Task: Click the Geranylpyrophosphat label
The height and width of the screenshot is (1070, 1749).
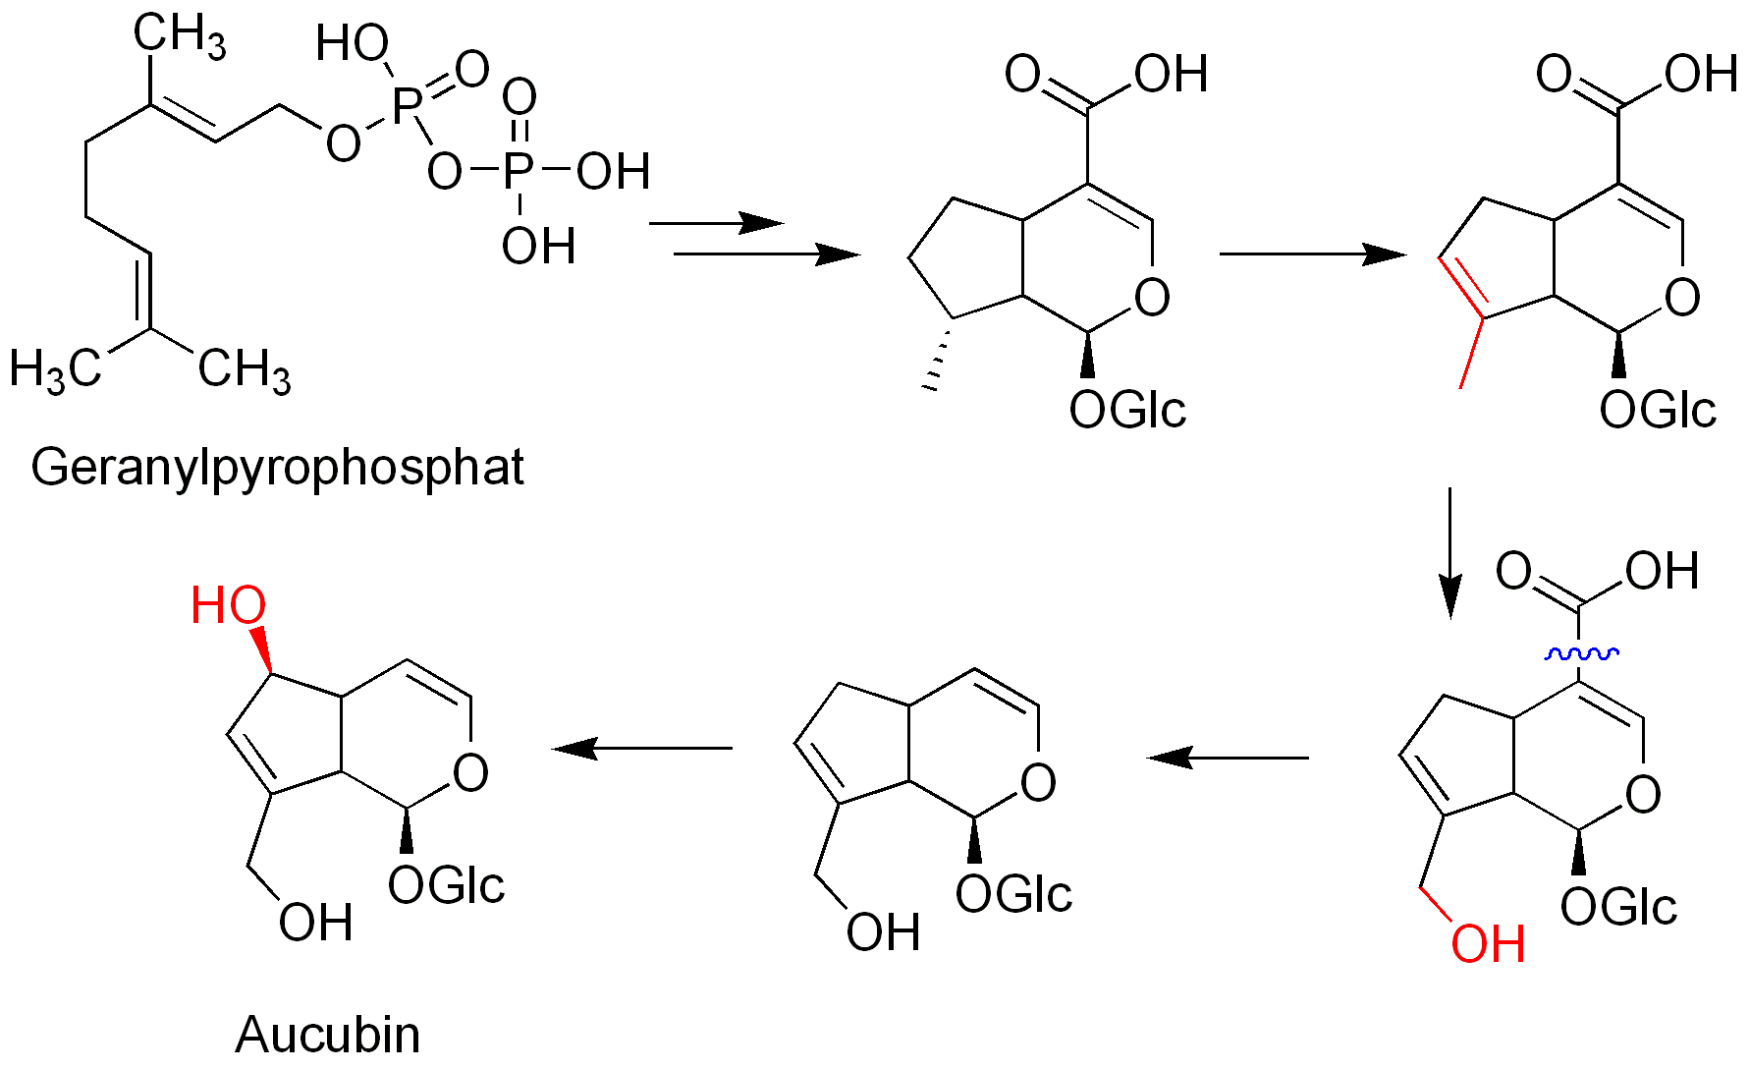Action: pyautogui.click(x=278, y=467)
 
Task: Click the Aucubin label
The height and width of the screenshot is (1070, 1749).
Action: pyautogui.click(x=328, y=1035)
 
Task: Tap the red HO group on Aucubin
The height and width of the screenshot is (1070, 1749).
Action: pyautogui.click(x=228, y=605)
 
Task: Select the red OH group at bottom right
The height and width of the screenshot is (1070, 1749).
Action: pyautogui.click(x=1488, y=944)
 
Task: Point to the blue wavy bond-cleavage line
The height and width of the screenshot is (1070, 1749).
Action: pyautogui.click(x=1581, y=653)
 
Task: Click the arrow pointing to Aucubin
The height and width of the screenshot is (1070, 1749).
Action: pyautogui.click(x=643, y=749)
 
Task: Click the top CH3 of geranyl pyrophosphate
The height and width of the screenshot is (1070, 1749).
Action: pyautogui.click(x=180, y=35)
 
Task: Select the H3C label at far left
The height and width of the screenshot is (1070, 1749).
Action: pyautogui.click(x=56, y=369)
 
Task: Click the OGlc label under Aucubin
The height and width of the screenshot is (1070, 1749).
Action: pyautogui.click(x=446, y=885)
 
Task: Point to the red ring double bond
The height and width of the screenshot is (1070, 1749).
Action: pyautogui.click(x=1460, y=286)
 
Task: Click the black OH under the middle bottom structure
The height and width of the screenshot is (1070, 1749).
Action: pyautogui.click(x=883, y=932)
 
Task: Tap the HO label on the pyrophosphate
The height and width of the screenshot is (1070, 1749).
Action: pyautogui.click(x=352, y=43)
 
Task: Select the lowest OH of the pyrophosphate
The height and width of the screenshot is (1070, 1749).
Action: pyautogui.click(x=538, y=246)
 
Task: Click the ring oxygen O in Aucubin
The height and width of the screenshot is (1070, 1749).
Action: pyautogui.click(x=470, y=772)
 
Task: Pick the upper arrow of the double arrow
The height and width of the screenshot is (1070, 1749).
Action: pyautogui.click(x=716, y=223)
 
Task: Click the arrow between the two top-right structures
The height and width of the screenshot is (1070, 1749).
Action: pyautogui.click(x=1312, y=254)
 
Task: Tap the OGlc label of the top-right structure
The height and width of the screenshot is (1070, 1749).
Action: pyautogui.click(x=1658, y=410)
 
